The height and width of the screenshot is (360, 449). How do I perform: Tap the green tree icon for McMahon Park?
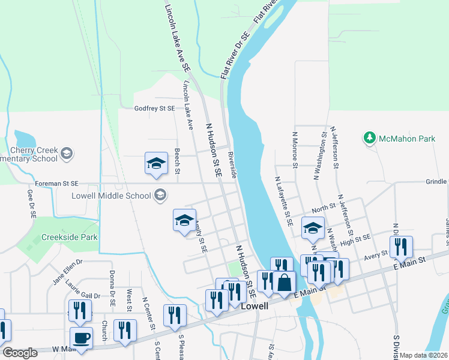370,139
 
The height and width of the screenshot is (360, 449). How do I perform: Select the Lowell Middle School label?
111,195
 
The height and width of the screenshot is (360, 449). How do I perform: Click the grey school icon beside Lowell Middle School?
160,194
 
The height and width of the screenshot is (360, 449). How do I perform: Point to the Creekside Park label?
70,237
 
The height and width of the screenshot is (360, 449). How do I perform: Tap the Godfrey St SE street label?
154,108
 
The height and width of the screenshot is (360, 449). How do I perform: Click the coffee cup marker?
82,338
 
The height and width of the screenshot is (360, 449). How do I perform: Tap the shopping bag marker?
285,282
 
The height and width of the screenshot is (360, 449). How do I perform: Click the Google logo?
20,353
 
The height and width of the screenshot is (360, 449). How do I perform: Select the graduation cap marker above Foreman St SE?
156,163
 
